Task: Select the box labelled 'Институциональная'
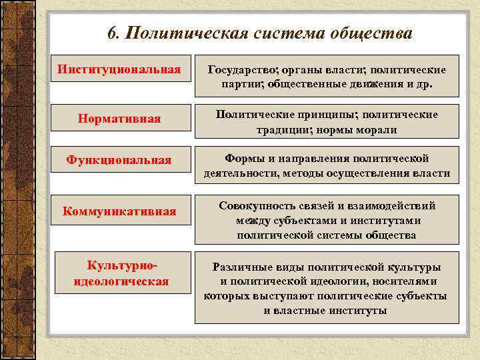click(x=119, y=69)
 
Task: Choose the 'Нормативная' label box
click(x=119, y=119)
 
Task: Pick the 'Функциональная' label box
click(x=119, y=160)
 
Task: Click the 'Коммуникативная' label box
click(x=119, y=211)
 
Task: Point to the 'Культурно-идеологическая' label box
click(x=120, y=274)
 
